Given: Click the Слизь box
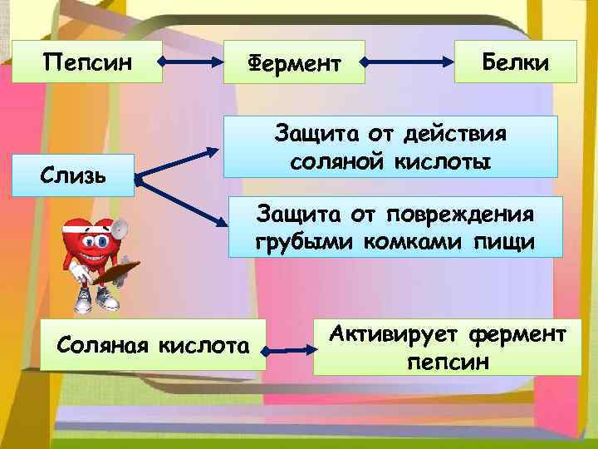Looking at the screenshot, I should pyautogui.click(x=76, y=175).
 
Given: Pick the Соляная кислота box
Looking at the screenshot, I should pyautogui.click(x=151, y=343).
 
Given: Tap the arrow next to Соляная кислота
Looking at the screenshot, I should pyautogui.click(x=289, y=343).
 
